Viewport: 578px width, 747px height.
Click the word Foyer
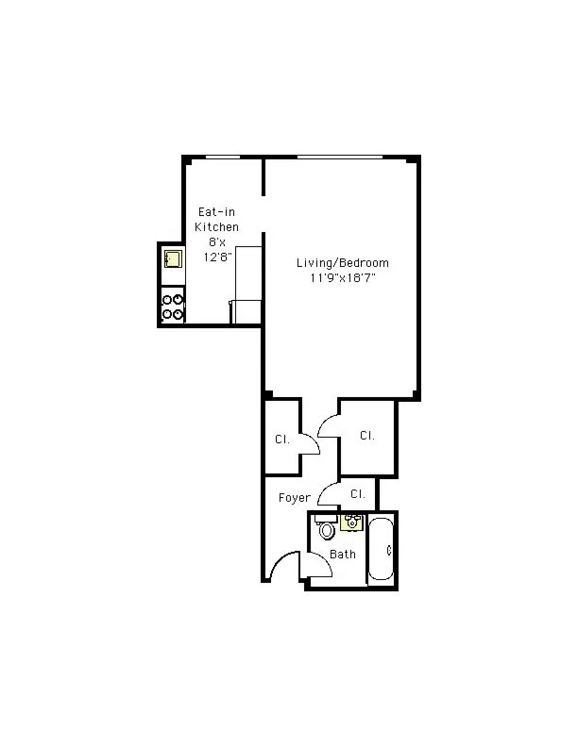pos(294,498)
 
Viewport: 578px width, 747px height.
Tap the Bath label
pos(343,554)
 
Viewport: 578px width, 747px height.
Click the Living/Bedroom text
pos(342,263)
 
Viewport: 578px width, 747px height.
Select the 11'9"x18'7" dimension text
pos(342,277)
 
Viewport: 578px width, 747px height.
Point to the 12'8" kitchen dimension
pos(217,255)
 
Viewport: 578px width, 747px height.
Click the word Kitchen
pos(216,227)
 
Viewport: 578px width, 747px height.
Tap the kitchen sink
pos(173,259)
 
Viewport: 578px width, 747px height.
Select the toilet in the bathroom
pos(327,530)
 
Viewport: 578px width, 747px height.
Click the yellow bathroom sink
pos(351,522)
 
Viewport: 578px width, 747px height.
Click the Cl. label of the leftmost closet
pos(281,440)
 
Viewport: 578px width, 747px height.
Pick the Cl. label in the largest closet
pos(366,436)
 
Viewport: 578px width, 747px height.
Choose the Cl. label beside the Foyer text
pos(358,493)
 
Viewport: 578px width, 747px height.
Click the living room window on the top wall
pos(340,158)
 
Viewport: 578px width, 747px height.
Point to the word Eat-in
pos(215,213)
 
